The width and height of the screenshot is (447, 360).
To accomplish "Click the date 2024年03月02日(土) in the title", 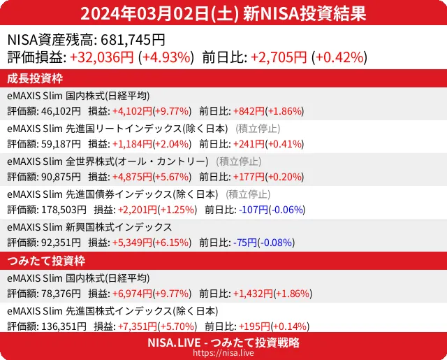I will click(161, 13).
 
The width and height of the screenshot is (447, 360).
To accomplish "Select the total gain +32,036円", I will click(103, 57).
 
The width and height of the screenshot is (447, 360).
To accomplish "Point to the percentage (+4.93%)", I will click(166, 57).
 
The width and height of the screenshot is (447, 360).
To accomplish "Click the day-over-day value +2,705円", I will click(279, 57).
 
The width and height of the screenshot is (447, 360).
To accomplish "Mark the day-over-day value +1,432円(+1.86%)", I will click(272, 294).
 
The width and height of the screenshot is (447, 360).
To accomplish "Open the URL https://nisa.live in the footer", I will click(223, 353).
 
